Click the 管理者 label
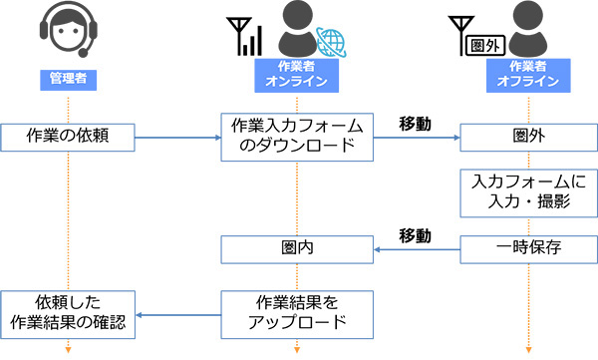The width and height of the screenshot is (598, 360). pos(68,80)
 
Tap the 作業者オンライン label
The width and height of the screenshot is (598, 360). pos(297,75)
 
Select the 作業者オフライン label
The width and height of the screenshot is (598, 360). pos(528,75)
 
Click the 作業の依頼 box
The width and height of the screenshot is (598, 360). pos(68,138)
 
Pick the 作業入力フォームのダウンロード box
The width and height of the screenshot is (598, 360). pos(297,137)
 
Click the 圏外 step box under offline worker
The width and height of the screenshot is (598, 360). pos(528,138)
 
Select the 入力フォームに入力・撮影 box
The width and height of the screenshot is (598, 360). pos(528,193)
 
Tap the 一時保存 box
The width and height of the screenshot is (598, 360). pos(528,249)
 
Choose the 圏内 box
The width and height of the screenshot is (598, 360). pos(297,249)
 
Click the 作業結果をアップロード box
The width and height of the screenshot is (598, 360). pos(297,314)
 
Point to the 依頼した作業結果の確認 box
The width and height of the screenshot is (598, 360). pos(68,314)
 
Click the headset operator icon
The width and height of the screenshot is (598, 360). pos(69,29)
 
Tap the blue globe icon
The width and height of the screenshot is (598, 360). pos(332,42)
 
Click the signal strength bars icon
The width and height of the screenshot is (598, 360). pos(252,41)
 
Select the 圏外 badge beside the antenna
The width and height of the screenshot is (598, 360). pos(486,46)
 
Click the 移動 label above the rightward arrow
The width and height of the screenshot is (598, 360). pos(416,124)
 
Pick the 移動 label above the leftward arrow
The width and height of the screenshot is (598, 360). pos(416,236)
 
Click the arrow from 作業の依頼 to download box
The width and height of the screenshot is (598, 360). pos(178,138)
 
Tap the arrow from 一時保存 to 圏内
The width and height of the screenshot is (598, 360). pos(417,249)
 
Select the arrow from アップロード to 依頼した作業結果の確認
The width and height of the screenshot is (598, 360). pos(178,315)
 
